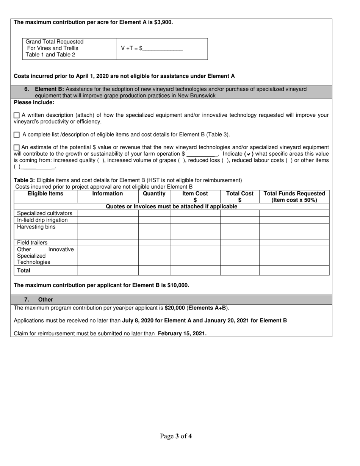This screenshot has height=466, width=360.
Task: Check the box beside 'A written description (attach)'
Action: [x=17, y=115]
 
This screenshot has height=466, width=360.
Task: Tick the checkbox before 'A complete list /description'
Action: [x=17, y=134]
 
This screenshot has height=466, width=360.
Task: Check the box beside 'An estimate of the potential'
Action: [x=17, y=147]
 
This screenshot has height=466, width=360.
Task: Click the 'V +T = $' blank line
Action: [x=163, y=49]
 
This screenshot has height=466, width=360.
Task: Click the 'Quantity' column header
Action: [x=154, y=194]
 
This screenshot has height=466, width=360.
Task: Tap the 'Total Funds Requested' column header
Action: [x=294, y=197]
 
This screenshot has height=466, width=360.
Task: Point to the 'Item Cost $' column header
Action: [x=195, y=197]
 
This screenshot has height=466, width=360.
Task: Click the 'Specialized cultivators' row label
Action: [x=45, y=213]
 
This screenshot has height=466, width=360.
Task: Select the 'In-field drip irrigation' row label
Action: [x=42, y=220]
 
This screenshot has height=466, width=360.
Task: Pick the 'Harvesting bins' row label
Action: [x=36, y=227]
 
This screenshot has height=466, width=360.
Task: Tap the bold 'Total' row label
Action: [x=24, y=271]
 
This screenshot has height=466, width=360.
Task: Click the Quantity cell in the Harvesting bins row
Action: [x=154, y=231]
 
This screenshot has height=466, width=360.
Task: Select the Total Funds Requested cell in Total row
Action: [x=294, y=271]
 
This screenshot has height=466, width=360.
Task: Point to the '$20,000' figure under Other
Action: [x=175, y=308]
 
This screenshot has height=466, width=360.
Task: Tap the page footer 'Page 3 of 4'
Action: [x=176, y=436]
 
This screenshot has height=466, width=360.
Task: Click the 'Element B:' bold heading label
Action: [x=49, y=89]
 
